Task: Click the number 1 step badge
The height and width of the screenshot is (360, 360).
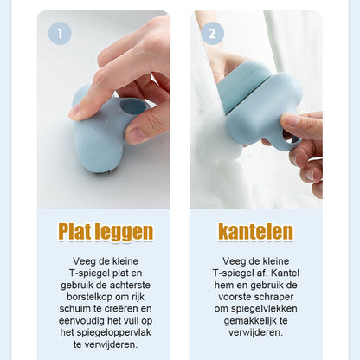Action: [60, 34]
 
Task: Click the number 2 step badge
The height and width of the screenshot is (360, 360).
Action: [212, 34]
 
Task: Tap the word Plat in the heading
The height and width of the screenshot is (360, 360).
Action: [74, 231]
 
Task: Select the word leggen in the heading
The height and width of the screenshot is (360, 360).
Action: [124, 233]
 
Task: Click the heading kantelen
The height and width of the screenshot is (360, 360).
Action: [256, 231]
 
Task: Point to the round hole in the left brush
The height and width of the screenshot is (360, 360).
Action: [133, 106]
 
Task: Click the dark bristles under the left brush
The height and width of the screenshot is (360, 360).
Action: [105, 171]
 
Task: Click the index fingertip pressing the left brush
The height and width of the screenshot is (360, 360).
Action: [75, 112]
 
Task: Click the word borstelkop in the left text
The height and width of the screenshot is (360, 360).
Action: [89, 297]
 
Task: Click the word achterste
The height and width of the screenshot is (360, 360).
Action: [130, 285]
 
